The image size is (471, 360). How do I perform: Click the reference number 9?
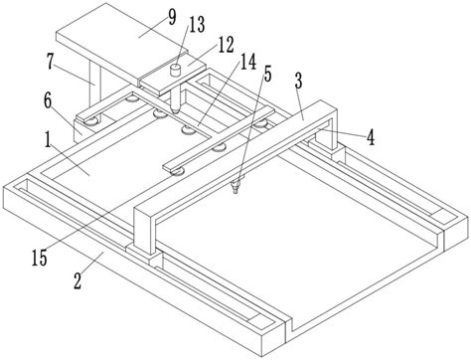pyautogui.click(x=172, y=18)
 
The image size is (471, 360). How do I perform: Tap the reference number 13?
pyautogui.click(x=197, y=25)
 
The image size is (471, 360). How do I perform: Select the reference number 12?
pyautogui.click(x=227, y=45)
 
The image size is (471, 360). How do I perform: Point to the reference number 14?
pyautogui.click(x=248, y=62)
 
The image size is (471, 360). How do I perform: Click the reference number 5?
pyautogui.click(x=267, y=74)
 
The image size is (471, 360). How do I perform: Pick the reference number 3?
pyautogui.click(x=298, y=82)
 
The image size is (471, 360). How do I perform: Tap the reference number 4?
pyautogui.click(x=371, y=137)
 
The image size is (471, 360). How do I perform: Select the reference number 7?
pyautogui.click(x=50, y=62)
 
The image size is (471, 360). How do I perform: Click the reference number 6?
pyautogui.click(x=48, y=101)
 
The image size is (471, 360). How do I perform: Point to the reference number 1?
pyautogui.click(x=49, y=140)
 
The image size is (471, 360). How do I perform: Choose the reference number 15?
pyautogui.click(x=40, y=259)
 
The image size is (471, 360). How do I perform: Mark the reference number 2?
pyautogui.click(x=78, y=281)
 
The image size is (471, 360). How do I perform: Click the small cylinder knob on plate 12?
pyautogui.click(x=176, y=71)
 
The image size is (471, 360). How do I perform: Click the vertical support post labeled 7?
pyautogui.click(x=94, y=83)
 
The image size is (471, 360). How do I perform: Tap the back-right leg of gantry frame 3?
pyautogui.click(x=328, y=133)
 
